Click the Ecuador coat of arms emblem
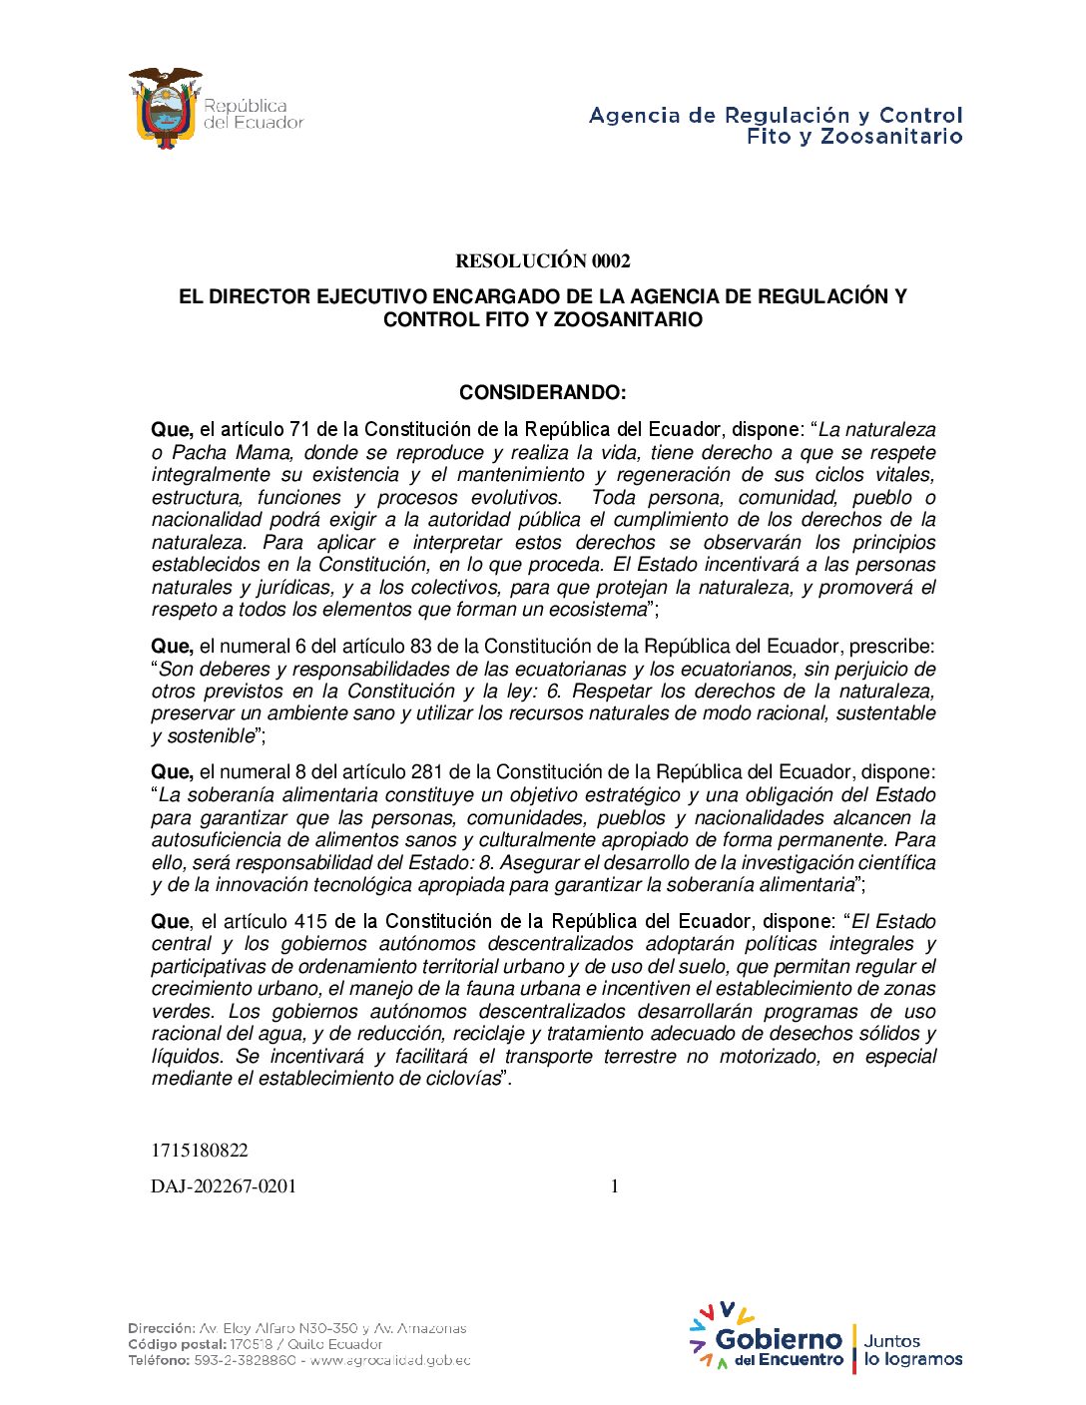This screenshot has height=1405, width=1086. pos(165,108)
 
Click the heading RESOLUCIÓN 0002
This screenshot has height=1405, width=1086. pos(543,261)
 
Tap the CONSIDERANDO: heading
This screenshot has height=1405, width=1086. pos(543,392)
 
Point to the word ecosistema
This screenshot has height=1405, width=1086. pos(596,610)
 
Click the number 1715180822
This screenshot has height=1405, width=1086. pos(200,1151)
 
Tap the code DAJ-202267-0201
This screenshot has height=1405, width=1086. pos(224,1186)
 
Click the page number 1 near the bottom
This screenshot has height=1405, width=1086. pos(615,1186)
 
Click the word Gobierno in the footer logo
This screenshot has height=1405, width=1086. pos(780,1339)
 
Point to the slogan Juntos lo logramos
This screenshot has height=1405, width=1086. pos(912,1350)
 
